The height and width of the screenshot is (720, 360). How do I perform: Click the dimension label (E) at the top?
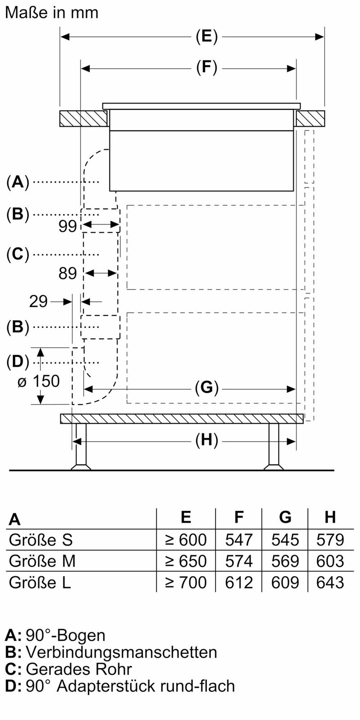207,36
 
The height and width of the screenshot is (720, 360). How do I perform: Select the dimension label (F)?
207,68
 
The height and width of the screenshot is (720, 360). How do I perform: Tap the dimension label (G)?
207,387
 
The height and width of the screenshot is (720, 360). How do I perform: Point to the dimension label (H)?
207,441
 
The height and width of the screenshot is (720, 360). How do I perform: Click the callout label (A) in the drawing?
18,182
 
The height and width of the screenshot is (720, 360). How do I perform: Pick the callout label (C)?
18,255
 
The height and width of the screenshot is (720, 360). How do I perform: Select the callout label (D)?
18,362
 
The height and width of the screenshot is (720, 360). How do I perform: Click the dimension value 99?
67,226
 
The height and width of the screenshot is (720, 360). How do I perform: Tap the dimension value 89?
67,273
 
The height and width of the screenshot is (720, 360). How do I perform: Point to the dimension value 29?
38,301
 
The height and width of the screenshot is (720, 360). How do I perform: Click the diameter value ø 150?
38,382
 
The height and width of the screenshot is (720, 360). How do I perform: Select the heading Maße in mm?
51,13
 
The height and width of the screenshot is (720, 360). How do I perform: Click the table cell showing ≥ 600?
186,540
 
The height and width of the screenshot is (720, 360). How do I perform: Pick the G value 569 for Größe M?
285,561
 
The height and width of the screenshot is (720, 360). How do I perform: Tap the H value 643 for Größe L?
330,583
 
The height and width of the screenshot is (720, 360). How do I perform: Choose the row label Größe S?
40,540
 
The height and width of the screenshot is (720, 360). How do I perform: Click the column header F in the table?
239,517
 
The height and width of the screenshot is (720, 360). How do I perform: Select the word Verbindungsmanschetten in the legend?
121,652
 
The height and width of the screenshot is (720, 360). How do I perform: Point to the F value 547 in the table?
239,540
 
